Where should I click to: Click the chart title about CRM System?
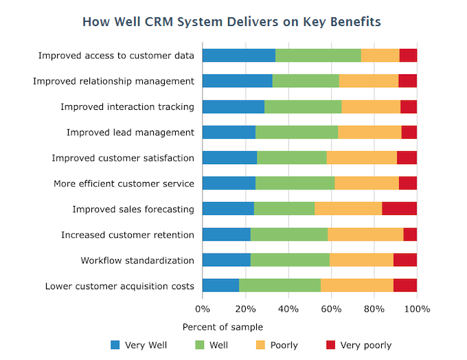[231, 21]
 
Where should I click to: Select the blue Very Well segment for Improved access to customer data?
[238, 56]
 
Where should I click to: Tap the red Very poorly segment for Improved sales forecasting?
[399, 209]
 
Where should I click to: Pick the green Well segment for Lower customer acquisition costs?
[280, 286]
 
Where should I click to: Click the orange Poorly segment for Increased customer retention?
[365, 235]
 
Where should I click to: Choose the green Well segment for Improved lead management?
[297, 133]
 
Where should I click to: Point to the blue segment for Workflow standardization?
[226, 260]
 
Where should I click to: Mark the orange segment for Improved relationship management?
[368, 81]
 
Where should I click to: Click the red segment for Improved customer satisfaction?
[407, 158]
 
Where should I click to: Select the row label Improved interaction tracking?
[127, 107]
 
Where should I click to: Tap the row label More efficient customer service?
[124, 183]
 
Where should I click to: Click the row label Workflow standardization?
[137, 260]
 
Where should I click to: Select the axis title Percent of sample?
[223, 327]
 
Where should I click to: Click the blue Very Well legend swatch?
[115, 345]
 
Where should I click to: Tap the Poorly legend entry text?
[284, 345]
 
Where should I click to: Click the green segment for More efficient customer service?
[295, 183]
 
